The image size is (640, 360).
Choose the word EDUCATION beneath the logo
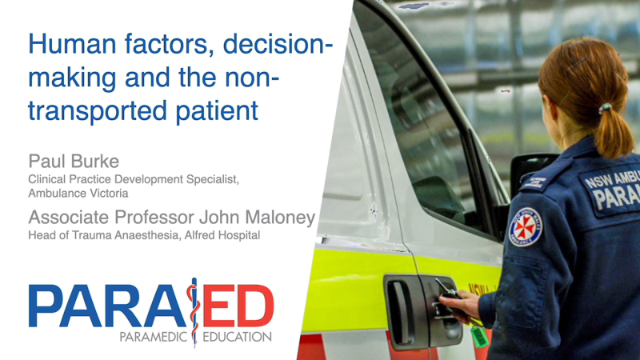(x=238, y=337)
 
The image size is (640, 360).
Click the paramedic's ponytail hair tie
(x=605, y=107)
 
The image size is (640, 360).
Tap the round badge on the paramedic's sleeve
(x=525, y=226)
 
